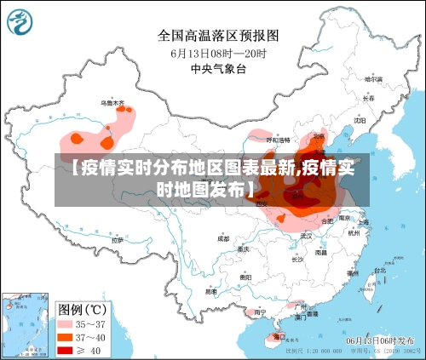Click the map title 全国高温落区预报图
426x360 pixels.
(217, 36)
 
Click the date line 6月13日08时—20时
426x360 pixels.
(217, 53)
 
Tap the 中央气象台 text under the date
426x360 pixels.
(217, 69)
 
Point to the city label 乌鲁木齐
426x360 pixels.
(112, 103)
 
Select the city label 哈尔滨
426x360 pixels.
(372, 79)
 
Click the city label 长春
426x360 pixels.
(368, 98)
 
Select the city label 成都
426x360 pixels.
(223, 238)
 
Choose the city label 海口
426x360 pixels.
(278, 336)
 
